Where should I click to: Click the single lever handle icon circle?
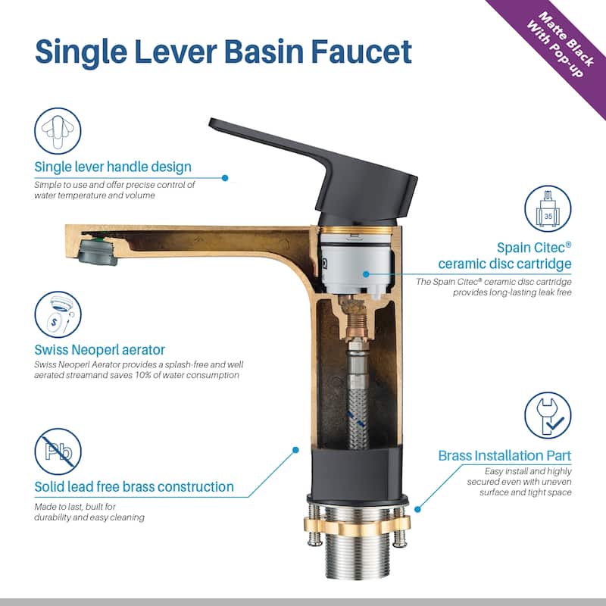coord(58,130)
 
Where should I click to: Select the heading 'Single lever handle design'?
coord(113,167)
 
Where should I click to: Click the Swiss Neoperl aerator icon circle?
coord(58,314)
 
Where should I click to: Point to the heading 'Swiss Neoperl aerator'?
coord(100,350)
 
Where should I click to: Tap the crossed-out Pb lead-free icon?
coord(58,451)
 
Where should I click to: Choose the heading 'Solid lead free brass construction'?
coord(134,486)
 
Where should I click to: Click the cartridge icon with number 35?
coord(548,209)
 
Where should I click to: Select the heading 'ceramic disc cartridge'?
coord(504,264)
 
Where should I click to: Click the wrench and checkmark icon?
coord(548,415)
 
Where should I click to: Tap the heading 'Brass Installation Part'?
coord(504,456)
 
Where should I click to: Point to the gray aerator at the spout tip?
coord(98,251)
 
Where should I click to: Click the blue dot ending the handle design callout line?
coord(225,178)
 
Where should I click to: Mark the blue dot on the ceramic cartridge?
coord(366,274)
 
